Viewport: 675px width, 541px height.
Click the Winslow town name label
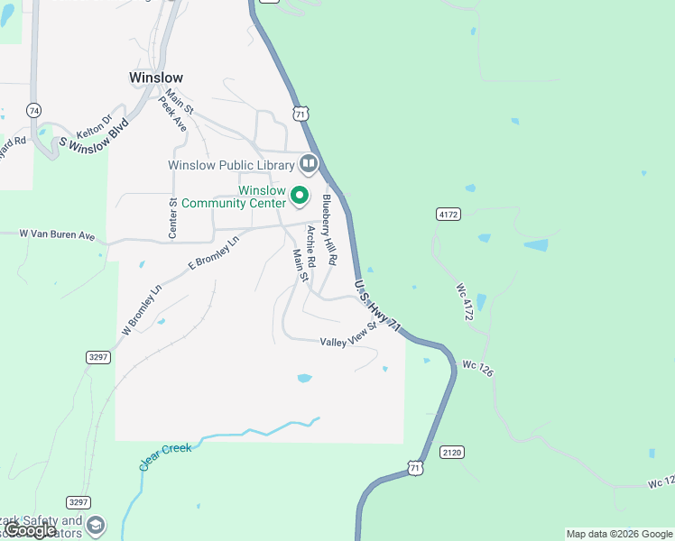156,78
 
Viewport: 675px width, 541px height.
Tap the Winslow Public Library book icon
309,163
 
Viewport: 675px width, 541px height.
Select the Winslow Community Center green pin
301,196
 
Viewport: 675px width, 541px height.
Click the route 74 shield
34,110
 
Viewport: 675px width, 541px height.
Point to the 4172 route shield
448,214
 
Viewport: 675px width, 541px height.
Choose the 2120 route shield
452,451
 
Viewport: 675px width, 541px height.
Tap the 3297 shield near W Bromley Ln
99,357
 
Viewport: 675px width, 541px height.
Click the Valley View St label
347,336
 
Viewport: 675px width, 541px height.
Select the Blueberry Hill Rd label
329,229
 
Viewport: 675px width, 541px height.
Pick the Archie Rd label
311,245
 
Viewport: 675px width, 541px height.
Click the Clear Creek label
165,456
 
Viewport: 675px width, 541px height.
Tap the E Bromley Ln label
213,252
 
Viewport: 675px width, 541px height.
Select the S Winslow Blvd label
94,132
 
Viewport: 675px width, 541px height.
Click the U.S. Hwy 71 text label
377,309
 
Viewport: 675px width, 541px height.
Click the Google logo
31,530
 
